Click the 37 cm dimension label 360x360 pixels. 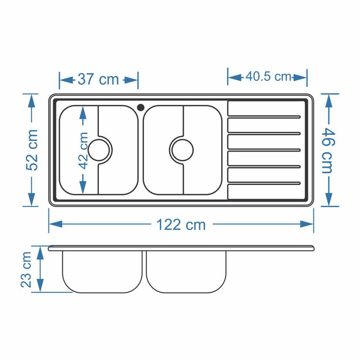(x=98, y=79)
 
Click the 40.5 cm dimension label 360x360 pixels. (x=268, y=76)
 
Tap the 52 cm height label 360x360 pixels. (x=32, y=150)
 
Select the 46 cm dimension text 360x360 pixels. (x=328, y=150)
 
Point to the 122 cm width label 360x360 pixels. (x=181, y=225)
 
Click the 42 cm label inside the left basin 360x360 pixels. (x=84, y=150)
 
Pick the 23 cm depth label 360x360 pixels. (x=26, y=270)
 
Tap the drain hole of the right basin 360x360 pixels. (x=183, y=150)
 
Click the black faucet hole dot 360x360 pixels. (x=141, y=107)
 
